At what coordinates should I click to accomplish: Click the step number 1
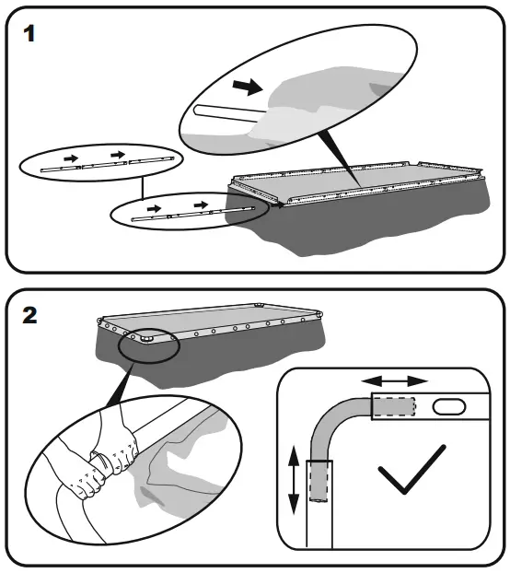[x=29, y=33]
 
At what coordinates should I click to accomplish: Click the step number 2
[x=29, y=315]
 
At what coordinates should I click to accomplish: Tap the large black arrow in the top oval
[x=248, y=87]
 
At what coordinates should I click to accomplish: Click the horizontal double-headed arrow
[x=395, y=381]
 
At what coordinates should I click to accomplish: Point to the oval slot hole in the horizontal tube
[x=449, y=406]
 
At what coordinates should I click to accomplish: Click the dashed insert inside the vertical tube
[x=319, y=481]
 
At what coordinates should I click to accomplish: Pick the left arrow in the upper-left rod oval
[x=71, y=158]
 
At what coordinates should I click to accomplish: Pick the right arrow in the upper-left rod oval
[x=118, y=155]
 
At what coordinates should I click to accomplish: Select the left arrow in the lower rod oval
[x=154, y=209]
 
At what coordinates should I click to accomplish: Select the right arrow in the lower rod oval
[x=202, y=205]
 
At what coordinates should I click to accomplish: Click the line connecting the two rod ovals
[x=143, y=189]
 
